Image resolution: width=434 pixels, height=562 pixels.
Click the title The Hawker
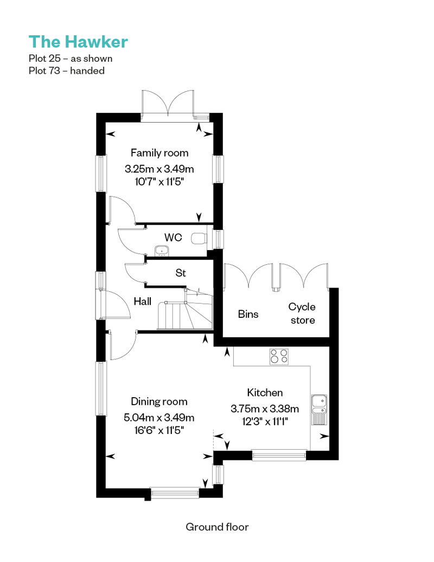pyautogui.click(x=78, y=42)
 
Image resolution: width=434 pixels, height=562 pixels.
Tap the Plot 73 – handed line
pyautogui.click(x=67, y=71)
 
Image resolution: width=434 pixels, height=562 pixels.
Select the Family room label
pyautogui.click(x=159, y=153)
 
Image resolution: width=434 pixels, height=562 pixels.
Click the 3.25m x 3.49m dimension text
pyautogui.click(x=159, y=169)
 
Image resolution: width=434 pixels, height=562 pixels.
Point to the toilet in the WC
pyautogui.click(x=199, y=238)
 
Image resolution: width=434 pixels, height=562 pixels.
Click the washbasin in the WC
pyautogui.click(x=161, y=251)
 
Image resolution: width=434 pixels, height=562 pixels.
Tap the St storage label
pyautogui.click(x=181, y=273)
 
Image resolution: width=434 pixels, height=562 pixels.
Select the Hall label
pyautogui.click(x=142, y=302)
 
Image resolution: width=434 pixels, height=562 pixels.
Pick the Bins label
pyautogui.click(x=248, y=314)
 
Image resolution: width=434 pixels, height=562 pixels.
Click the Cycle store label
pyautogui.click(x=302, y=313)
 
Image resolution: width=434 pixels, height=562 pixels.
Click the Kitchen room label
pyautogui.click(x=265, y=393)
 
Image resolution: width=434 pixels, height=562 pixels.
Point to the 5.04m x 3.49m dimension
pyautogui.click(x=159, y=418)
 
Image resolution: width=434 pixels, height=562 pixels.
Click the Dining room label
pyautogui.click(x=159, y=402)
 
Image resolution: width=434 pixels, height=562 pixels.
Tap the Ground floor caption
pyautogui.click(x=217, y=527)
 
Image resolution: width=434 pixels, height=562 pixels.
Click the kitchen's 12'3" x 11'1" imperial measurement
pyautogui.click(x=265, y=421)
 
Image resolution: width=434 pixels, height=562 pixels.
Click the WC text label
pyautogui.click(x=173, y=237)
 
